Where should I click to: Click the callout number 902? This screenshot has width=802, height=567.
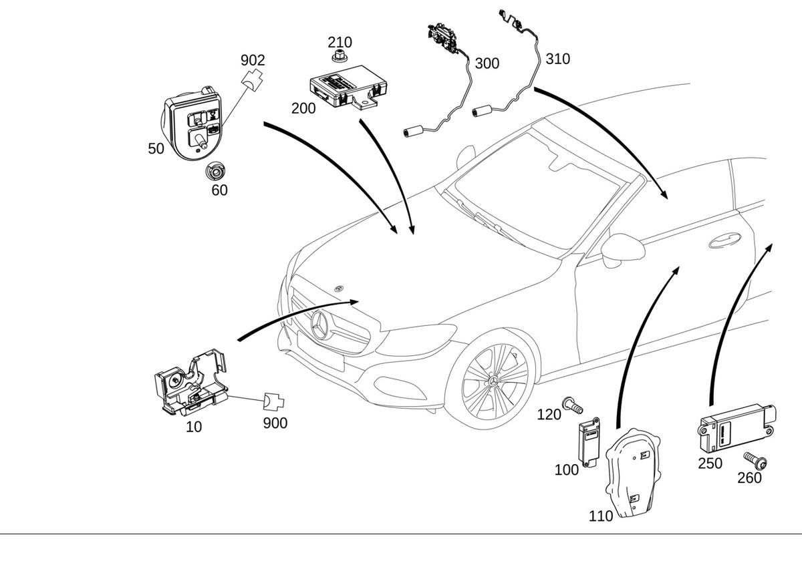[x=253, y=60]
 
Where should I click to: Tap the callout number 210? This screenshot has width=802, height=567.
[x=340, y=43]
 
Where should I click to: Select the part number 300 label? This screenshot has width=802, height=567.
[x=487, y=63]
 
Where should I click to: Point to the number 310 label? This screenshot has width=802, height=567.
[x=557, y=59]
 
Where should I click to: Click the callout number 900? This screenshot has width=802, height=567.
[x=275, y=423]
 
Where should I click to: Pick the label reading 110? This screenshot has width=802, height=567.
[x=601, y=516]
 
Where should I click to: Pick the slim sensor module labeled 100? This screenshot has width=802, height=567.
[x=588, y=441]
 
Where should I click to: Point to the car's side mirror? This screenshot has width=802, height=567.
[x=622, y=249]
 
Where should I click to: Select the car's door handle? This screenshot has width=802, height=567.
[x=724, y=240]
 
